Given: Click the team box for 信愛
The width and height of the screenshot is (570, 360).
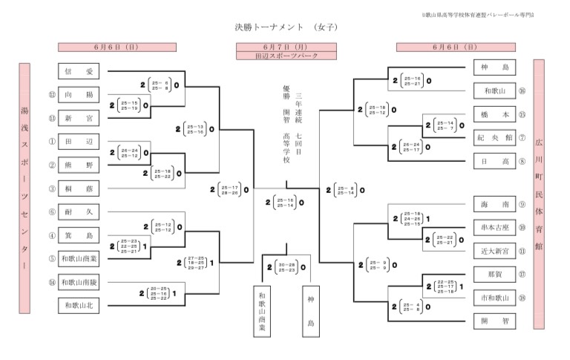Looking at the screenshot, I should point(78,72).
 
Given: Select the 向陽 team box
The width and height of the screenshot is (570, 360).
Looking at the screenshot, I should point(78,95).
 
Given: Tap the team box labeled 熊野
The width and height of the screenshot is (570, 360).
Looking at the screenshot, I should point(78,165).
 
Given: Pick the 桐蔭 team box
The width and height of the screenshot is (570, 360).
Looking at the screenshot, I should point(78,189).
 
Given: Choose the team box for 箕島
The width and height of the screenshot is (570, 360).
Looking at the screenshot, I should point(78,236).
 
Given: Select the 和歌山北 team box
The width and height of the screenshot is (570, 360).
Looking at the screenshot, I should point(78,305).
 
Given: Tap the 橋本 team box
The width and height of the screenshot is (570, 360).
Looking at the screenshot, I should point(494,114).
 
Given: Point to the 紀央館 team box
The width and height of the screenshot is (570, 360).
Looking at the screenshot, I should point(494,137).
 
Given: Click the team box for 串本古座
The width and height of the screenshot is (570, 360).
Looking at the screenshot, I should point(494,227).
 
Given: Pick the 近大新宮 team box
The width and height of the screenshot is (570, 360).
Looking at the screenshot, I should point(494,251).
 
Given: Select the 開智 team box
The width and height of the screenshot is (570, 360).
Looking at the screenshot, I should point(494,321).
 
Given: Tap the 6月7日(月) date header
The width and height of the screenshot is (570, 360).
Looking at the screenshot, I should point(285,46).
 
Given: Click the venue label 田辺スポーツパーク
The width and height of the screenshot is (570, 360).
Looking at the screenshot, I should point(285,55).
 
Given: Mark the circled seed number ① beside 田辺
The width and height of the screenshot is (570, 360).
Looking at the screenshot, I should point(51,141).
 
